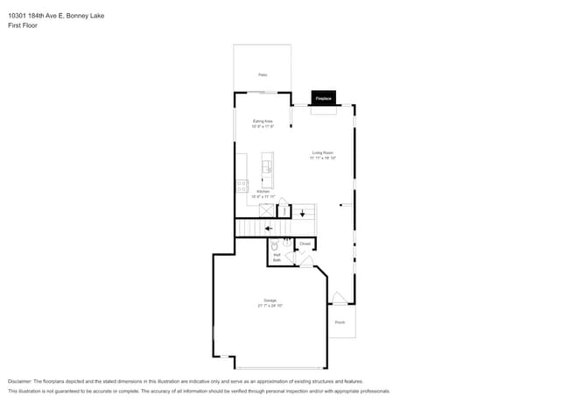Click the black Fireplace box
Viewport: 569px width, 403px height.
pos(323,98)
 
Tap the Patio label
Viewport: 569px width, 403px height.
pos(262,75)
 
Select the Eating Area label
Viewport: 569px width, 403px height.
pos(263,121)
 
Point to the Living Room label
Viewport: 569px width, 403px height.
pos(323,152)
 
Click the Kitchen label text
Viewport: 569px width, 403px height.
pos(263,191)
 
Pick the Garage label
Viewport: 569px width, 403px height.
pos(270,300)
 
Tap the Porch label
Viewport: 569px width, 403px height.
pos(340,322)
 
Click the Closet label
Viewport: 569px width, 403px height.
pos(305,244)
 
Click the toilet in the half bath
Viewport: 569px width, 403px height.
pos(274,244)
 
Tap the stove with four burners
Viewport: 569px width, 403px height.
pos(242,185)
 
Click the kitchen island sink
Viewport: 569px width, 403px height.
pos(267,165)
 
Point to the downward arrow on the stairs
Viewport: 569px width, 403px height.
pos(302,212)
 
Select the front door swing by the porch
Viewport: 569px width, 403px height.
pos(338,299)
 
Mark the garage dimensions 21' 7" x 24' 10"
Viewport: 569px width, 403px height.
pos(270,306)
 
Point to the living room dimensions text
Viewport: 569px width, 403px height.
pos(323,158)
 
